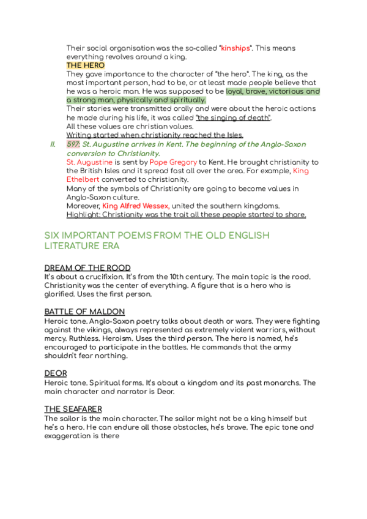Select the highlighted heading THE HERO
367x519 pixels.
(x=86, y=65)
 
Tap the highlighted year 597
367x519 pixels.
(x=73, y=144)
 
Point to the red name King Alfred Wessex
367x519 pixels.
(x=136, y=206)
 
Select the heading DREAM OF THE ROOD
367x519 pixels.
(x=87, y=268)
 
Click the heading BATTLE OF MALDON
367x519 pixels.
(x=84, y=312)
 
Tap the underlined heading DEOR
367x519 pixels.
(x=56, y=373)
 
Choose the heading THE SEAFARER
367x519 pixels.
(x=73, y=408)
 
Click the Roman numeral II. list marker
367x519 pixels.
(x=53, y=144)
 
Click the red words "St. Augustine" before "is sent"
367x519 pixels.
(x=89, y=162)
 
